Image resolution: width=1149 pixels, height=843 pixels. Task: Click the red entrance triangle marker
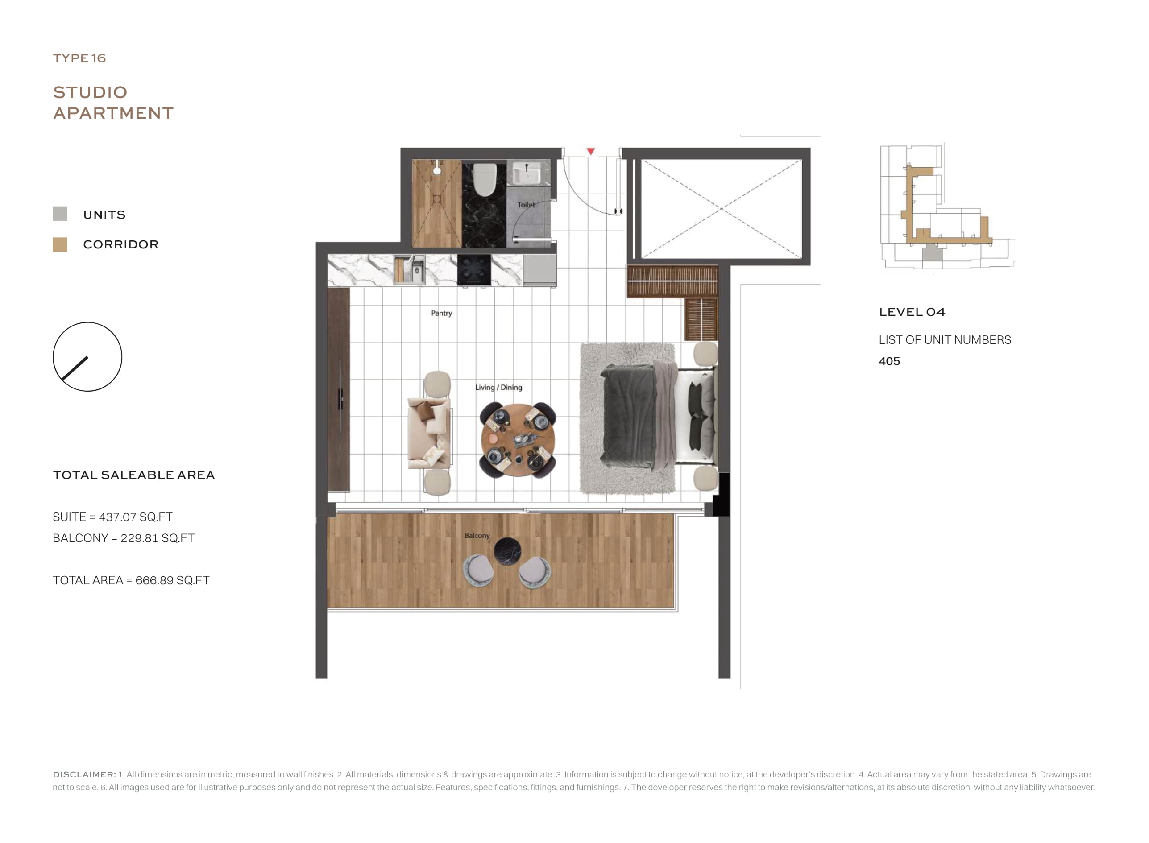(591, 152)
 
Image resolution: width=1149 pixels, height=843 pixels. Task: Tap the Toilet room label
(526, 205)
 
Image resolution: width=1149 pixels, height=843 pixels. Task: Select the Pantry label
(442, 313)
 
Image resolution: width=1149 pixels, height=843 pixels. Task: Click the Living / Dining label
(499, 387)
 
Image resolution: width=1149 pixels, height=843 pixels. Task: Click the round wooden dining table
(518, 440)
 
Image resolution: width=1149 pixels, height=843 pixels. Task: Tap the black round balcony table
(508, 551)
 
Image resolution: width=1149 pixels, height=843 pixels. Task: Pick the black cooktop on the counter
(474, 270)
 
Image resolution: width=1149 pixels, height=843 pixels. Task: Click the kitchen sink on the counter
(409, 269)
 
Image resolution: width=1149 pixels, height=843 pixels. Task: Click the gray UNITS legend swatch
(60, 214)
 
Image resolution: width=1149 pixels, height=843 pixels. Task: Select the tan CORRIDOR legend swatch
(60, 244)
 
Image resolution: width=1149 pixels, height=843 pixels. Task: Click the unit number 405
(889, 361)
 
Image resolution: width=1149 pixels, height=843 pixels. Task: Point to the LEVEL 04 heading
(912, 312)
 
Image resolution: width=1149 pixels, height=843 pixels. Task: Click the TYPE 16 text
(79, 58)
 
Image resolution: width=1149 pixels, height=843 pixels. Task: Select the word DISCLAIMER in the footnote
(84, 774)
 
